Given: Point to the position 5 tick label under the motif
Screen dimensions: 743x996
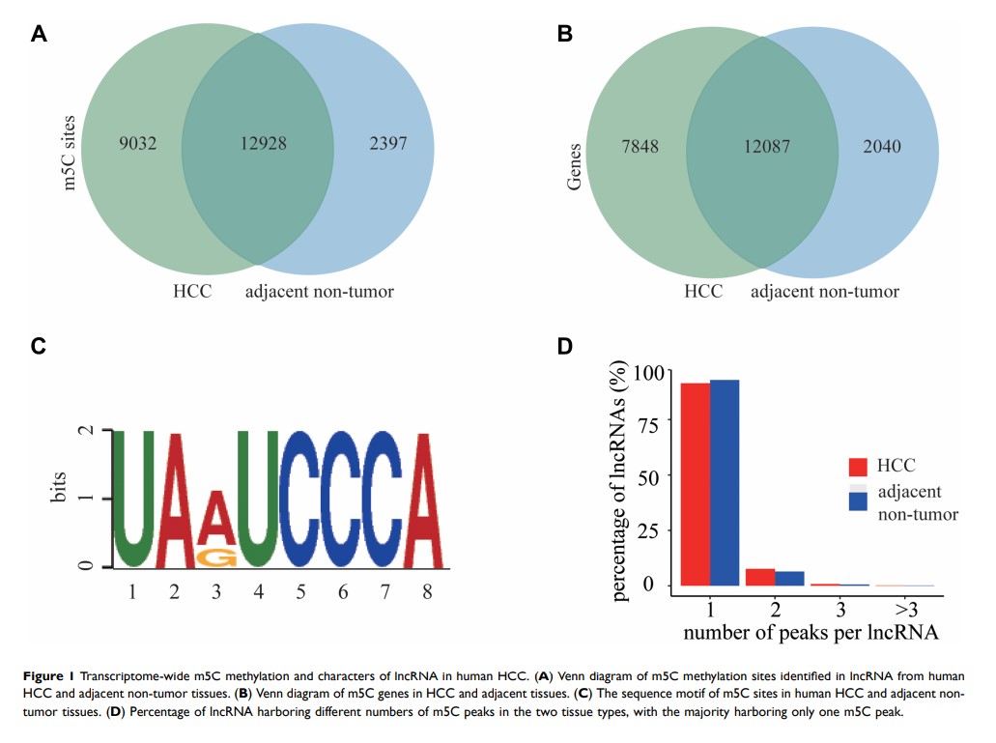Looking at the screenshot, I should point(299,590).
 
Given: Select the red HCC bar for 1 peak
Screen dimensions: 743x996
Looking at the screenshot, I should point(696,484).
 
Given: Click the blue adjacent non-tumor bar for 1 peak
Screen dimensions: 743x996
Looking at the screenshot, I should point(725,482).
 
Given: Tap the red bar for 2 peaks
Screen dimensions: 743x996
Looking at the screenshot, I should point(760,577).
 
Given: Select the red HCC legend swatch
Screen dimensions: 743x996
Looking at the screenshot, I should point(858,467).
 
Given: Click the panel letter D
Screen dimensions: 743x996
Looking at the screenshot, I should point(566,345).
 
